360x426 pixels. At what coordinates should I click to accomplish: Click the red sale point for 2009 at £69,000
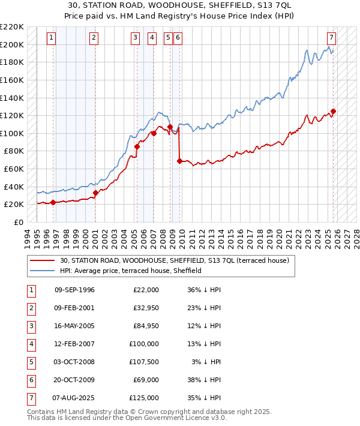click(x=180, y=161)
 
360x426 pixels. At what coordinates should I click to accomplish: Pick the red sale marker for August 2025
click(x=333, y=111)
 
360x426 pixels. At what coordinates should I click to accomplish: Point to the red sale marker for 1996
click(x=53, y=202)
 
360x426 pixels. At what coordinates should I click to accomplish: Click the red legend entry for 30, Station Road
click(x=175, y=260)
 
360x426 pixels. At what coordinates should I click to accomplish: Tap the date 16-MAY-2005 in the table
click(x=74, y=326)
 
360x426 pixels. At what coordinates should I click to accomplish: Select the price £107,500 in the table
click(x=146, y=362)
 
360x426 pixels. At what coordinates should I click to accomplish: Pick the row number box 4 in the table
click(x=31, y=344)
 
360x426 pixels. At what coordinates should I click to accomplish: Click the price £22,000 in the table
click(x=146, y=290)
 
